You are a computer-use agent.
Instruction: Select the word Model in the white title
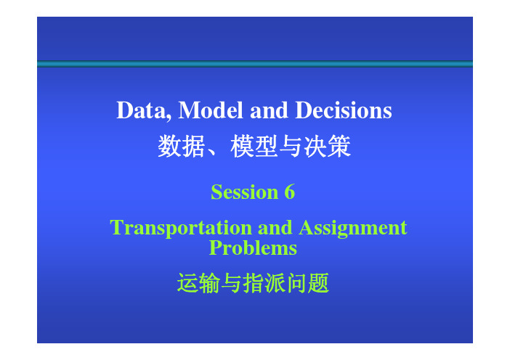click(211, 110)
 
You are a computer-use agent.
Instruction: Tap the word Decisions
click(344, 110)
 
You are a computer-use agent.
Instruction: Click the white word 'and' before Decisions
click(269, 110)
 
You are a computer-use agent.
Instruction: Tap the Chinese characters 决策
click(327, 146)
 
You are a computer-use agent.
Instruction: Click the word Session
click(245, 192)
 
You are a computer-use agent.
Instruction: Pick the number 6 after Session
click(289, 192)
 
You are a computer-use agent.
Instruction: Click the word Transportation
click(181, 228)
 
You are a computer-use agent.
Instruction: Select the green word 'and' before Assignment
click(275, 227)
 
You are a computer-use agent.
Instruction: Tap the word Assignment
click(353, 228)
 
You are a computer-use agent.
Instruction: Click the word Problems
click(253, 248)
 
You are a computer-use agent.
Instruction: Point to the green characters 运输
click(199, 283)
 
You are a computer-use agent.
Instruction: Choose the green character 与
click(232, 283)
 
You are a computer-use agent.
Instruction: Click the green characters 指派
click(264, 283)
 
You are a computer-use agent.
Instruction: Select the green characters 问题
click(308, 283)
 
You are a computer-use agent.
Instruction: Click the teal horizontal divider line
click(255, 64)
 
